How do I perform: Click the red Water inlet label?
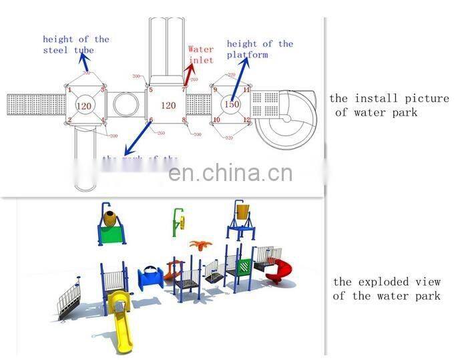coord(200,54)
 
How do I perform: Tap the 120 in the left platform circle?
coord(84,106)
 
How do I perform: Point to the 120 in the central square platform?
coord(168,105)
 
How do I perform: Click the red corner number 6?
coord(152,120)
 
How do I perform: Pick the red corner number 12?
coord(247,120)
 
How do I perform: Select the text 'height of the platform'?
coord(260,49)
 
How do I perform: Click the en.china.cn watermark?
coord(230,173)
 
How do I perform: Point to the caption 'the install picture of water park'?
coord(389,106)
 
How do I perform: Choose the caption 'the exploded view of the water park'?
coord(387,289)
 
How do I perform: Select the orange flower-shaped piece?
coord(198,244)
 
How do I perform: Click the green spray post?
coord(178,221)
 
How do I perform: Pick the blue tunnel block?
coord(150,276)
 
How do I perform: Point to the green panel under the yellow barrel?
coord(112,234)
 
